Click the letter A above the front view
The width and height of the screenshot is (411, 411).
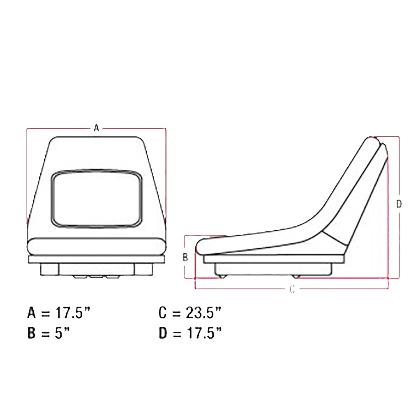pyautogui.click(x=97, y=128)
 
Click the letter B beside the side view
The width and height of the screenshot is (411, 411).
pyautogui.click(x=185, y=257)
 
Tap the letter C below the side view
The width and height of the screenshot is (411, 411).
pyautogui.click(x=292, y=289)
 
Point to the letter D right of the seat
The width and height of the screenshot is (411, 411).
pyautogui.click(x=399, y=204)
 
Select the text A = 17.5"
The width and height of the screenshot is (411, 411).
pyautogui.click(x=59, y=313)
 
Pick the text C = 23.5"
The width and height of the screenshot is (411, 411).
pyautogui.click(x=190, y=313)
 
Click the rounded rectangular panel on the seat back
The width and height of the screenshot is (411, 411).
pyautogui.click(x=97, y=199)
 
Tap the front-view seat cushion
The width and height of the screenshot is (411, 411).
pyautogui.click(x=97, y=247)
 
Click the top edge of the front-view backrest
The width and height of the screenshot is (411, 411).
pyautogui.click(x=97, y=137)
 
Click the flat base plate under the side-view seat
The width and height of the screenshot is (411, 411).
pyautogui.click(x=273, y=259)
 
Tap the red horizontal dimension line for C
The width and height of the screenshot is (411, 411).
pyautogui.click(x=247, y=289)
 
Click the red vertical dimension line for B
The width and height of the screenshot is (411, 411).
pyautogui.click(x=185, y=271)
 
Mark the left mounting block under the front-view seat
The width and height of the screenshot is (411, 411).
pyautogui.click(x=49, y=269)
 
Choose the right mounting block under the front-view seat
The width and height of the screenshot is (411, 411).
pyautogui.click(x=143, y=269)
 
